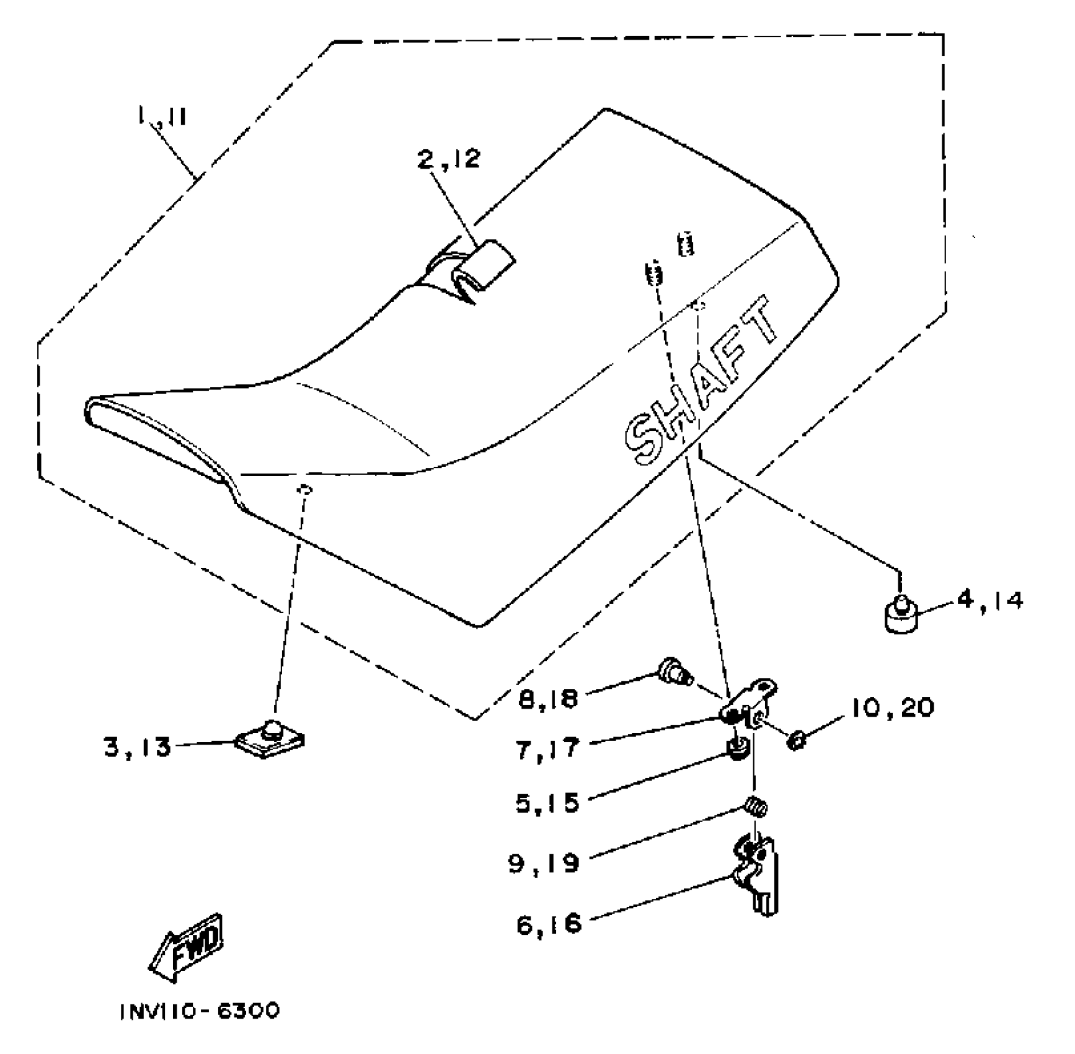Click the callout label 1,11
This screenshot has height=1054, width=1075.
point(162,116)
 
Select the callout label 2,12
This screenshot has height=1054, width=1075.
point(449,159)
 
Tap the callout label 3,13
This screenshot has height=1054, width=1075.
point(137,748)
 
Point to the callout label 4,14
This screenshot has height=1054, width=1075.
point(990,600)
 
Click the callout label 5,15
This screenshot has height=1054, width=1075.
point(547,803)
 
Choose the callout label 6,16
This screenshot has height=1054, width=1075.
point(549,924)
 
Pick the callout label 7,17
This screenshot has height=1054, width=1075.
point(547,748)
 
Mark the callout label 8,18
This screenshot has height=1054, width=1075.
point(547,699)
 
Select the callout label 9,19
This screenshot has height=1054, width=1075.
point(544,862)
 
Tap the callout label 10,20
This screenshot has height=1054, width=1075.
point(893,707)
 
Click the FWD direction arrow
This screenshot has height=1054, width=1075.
point(187,948)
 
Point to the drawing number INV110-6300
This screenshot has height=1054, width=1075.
point(200,1011)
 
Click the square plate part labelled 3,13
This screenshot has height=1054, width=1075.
point(270,739)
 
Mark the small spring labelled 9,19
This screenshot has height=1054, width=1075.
point(754,807)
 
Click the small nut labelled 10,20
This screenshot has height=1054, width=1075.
point(796,739)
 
